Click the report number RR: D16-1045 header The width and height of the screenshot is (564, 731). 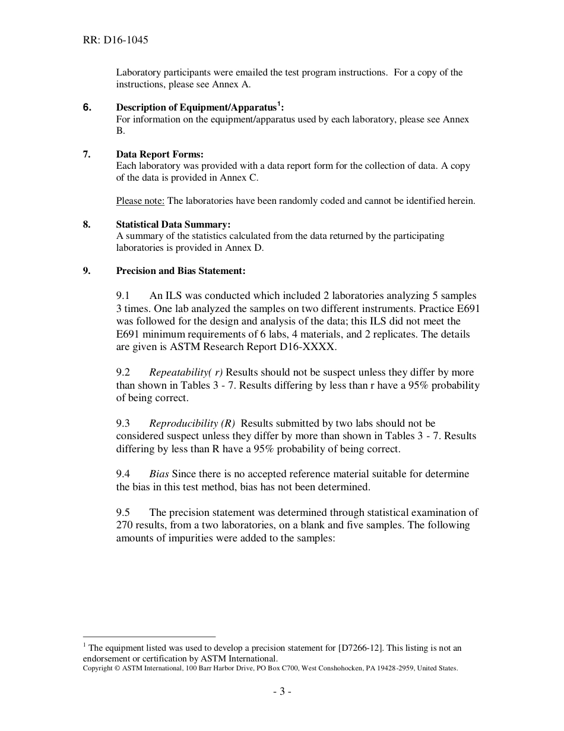(x=116, y=40)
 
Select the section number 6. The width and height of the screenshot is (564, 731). (x=87, y=108)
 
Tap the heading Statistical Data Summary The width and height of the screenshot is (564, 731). (x=173, y=225)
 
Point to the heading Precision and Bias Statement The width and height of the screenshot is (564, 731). (x=180, y=271)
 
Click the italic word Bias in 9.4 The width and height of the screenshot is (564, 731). (x=159, y=474)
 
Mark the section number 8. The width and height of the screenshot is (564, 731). (x=87, y=225)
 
